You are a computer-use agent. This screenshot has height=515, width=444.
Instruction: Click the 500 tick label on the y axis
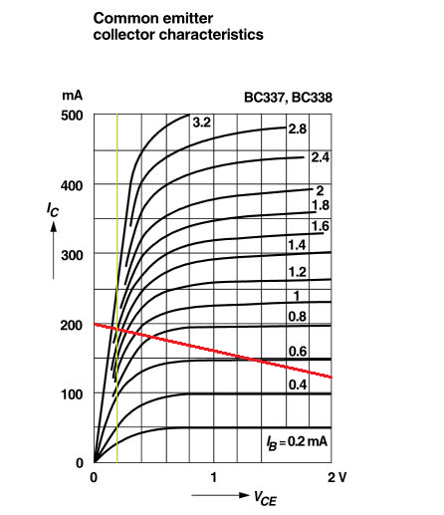click(72, 116)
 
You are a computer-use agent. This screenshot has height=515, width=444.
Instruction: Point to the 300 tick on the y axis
click(72, 256)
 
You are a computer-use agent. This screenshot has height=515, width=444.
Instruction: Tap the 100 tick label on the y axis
click(72, 394)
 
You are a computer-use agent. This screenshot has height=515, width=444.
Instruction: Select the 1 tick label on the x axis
click(214, 477)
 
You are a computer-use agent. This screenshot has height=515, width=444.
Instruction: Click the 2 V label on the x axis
click(337, 477)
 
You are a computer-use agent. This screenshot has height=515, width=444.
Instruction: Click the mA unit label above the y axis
click(72, 96)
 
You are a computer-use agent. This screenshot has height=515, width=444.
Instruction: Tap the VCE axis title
click(265, 498)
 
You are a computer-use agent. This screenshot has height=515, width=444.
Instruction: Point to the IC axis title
click(53, 210)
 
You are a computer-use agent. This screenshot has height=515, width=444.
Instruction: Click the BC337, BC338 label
click(288, 98)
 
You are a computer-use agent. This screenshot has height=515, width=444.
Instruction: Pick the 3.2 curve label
click(202, 123)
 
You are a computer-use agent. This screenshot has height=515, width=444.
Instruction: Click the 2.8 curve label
click(298, 129)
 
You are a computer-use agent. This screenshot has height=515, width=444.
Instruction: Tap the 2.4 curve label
click(321, 157)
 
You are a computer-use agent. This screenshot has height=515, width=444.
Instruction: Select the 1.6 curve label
click(321, 226)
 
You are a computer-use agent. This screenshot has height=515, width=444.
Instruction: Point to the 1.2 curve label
click(297, 272)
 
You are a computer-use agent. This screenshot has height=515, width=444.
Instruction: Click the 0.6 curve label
click(298, 352)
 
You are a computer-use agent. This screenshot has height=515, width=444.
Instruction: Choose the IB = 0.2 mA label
click(297, 442)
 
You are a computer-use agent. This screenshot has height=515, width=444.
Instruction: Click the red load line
click(213, 351)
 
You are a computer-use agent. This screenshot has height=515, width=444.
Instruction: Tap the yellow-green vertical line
click(117, 288)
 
